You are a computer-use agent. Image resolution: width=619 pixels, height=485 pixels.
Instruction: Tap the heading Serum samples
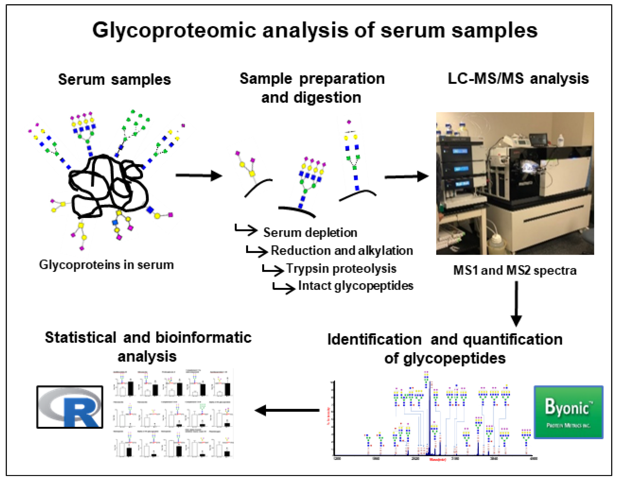click(x=114, y=79)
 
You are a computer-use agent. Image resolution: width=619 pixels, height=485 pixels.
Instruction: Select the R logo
click(x=70, y=407)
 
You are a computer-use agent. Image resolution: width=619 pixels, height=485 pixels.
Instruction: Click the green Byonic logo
click(x=568, y=412)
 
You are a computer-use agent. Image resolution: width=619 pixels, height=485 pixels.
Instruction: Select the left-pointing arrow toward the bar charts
click(x=287, y=410)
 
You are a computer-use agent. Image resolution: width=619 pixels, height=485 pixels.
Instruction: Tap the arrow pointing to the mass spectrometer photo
click(x=406, y=177)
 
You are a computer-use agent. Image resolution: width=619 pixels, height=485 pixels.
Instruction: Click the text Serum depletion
click(x=310, y=233)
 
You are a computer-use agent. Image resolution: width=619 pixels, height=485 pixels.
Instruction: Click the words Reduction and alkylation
click(x=341, y=251)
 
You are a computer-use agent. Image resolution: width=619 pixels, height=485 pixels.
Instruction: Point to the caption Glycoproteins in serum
click(x=106, y=265)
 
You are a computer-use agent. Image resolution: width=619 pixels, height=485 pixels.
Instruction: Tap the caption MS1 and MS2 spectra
click(x=514, y=270)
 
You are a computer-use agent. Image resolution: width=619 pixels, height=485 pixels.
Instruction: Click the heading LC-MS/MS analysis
click(x=518, y=79)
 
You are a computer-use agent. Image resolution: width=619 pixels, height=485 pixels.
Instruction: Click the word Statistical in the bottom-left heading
click(x=80, y=338)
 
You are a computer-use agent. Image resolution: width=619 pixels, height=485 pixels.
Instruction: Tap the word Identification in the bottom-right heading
click(x=374, y=339)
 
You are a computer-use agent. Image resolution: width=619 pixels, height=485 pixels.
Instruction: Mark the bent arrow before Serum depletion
click(x=245, y=230)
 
